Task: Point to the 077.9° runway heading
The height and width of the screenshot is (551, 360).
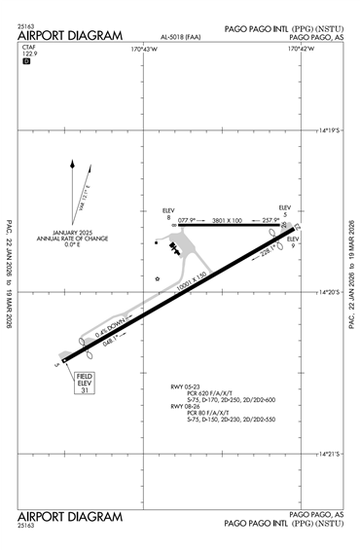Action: (187, 220)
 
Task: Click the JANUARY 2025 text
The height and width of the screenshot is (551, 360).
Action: (73, 233)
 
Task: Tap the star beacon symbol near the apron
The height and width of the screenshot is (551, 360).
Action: (158, 277)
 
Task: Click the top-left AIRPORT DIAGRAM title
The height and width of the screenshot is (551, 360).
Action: (70, 35)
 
